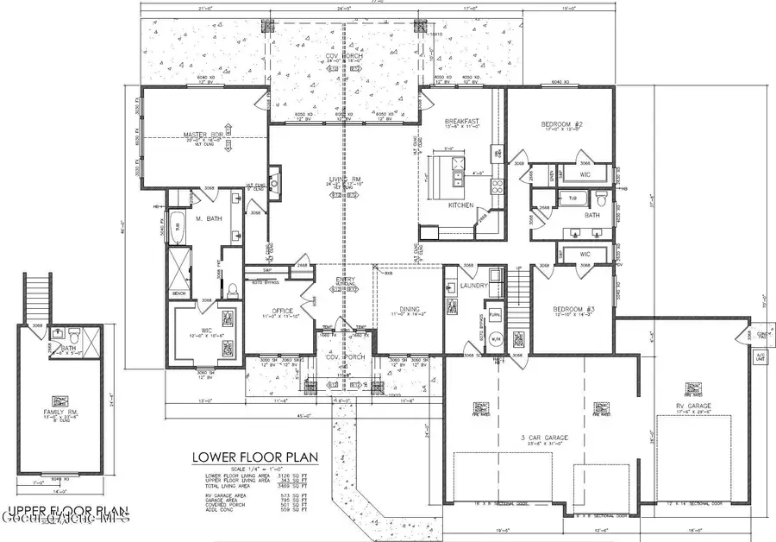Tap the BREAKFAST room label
coord(461,122)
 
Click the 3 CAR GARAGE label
coord(545,438)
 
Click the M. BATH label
coord(209,218)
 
